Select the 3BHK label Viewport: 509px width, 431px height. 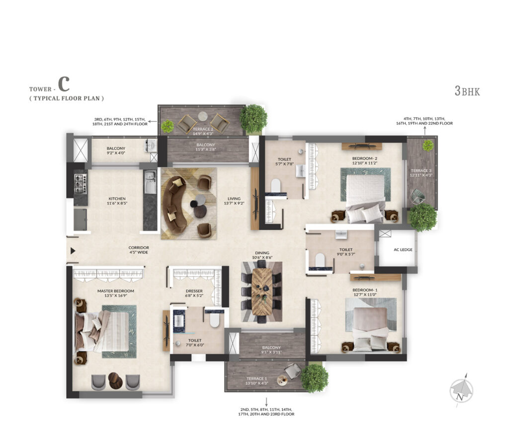(x=467, y=91)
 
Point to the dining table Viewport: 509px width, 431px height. (x=261, y=291)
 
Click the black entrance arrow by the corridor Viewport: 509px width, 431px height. (x=73, y=251)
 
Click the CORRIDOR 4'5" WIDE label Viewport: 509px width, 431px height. (x=139, y=250)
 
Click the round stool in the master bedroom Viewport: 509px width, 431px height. (x=115, y=380)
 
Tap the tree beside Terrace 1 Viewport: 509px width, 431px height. (x=314, y=378)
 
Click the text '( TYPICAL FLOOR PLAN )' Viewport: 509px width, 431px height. (x=66, y=99)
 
